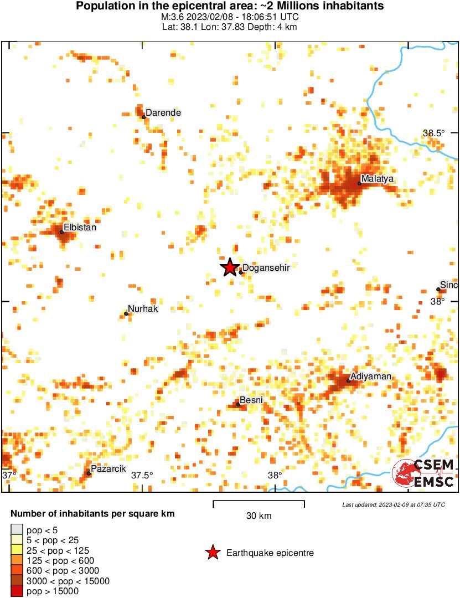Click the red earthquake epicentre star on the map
[230, 267]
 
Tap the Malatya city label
[378, 179]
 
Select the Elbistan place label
[80, 227]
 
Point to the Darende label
[163, 113]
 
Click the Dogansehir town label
[266, 268]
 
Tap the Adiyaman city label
[371, 377]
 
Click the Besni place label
[251, 400]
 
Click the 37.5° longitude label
[142, 475]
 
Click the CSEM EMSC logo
[423, 473]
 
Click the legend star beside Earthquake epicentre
[212, 553]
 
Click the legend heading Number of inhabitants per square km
[92, 514]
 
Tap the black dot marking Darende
[143, 117]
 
